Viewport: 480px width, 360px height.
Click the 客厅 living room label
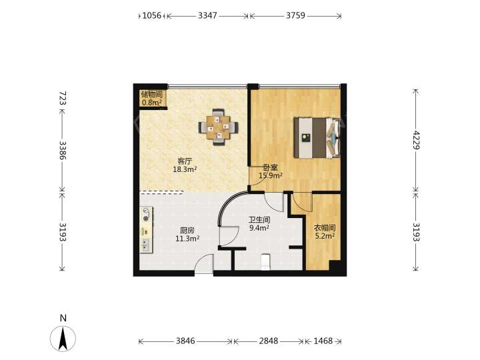pos(185,161)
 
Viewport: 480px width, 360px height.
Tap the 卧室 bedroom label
pos(271,168)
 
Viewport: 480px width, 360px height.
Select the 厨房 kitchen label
pos(187,231)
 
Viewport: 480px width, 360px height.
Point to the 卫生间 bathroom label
pos(259,220)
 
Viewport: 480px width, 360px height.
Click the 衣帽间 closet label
pos(325,228)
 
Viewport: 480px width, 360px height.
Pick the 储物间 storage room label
pos(151,95)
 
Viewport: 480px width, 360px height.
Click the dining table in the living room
pos(218,127)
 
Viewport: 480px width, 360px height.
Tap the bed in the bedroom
pos(317,138)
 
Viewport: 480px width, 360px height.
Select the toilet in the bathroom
pos(265,262)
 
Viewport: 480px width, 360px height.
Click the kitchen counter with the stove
pos(146,229)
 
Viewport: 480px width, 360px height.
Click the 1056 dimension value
pos(152,15)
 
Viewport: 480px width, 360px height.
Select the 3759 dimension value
pos(296,15)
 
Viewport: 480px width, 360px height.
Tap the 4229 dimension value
pos(416,139)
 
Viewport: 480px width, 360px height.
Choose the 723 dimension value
pos(63,98)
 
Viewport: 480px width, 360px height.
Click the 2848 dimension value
pos(269,341)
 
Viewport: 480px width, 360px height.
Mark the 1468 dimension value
pos(323,341)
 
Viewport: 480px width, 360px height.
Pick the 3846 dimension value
pos(185,341)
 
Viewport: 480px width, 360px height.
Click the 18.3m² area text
pos(185,169)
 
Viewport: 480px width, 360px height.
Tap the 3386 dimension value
pos(63,150)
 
